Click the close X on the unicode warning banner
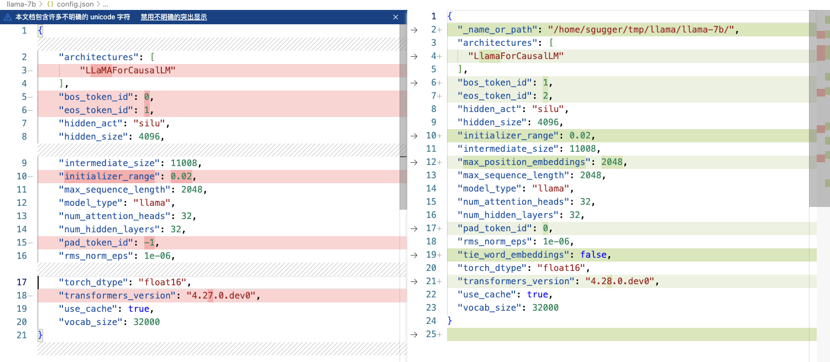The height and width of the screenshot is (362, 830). coord(396,17)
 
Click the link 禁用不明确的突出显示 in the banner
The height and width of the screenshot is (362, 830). coord(174,17)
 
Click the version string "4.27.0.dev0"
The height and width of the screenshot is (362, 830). coord(223,295)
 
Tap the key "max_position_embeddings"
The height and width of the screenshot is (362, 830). coord(524,162)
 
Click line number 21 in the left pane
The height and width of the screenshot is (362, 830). coord(22,335)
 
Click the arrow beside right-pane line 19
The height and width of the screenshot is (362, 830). coord(414,254)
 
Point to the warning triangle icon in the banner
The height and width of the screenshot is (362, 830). coord(8,17)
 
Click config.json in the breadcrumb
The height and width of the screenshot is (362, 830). coord(75,4)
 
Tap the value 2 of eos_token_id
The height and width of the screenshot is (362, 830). coord(545,95)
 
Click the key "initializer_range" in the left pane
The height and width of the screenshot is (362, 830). coord(109,176)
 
